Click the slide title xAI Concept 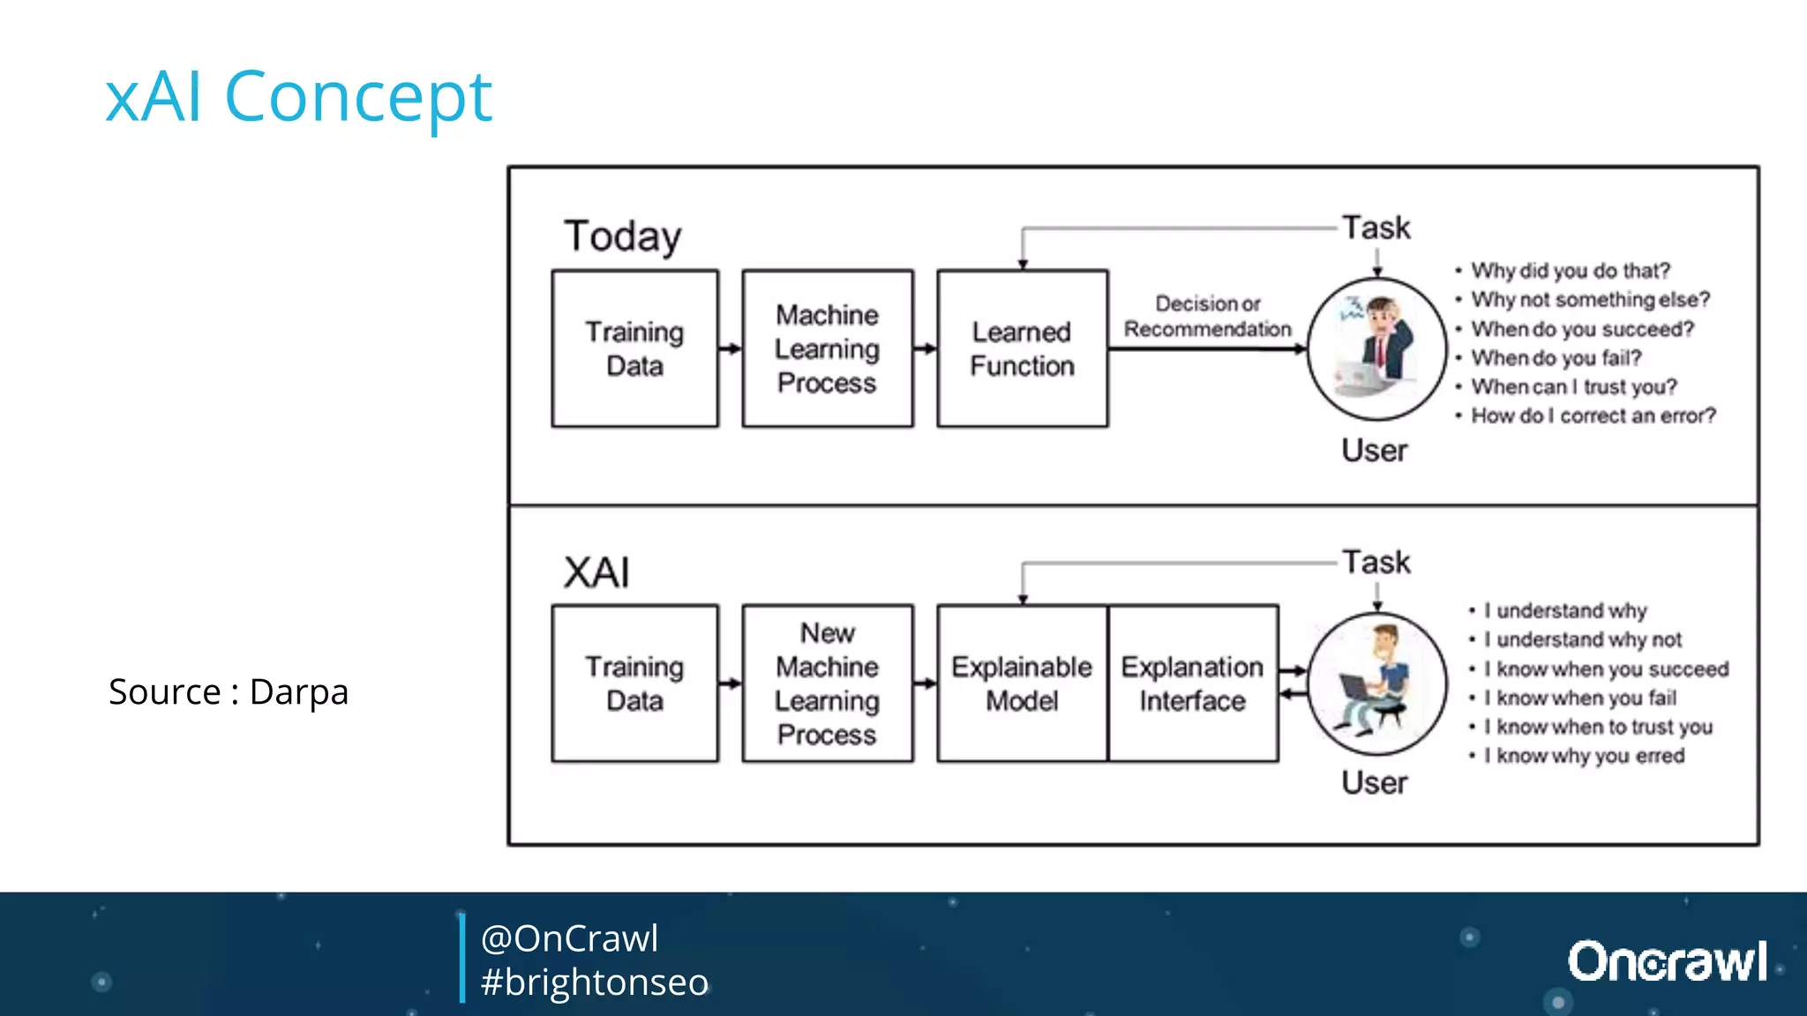click(x=298, y=96)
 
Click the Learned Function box click(x=1022, y=349)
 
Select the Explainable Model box click(x=1022, y=684)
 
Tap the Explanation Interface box click(x=1192, y=684)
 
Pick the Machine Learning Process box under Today click(x=827, y=349)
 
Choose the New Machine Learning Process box click(x=827, y=684)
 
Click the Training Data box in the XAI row click(x=634, y=684)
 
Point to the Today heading click(x=623, y=236)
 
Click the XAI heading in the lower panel click(x=596, y=572)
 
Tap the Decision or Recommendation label click(x=1207, y=316)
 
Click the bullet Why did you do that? click(x=1571, y=271)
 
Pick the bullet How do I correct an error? click(x=1593, y=415)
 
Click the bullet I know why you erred click(x=1584, y=756)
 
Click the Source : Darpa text click(x=229, y=691)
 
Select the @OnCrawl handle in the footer click(x=569, y=938)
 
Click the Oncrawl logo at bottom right click(x=1667, y=961)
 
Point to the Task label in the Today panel click(x=1376, y=228)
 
